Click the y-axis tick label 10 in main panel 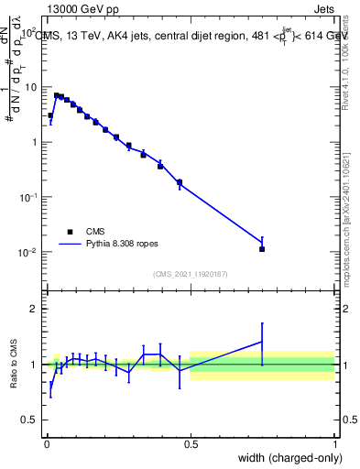tap(31, 87)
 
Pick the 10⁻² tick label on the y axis tap(29, 252)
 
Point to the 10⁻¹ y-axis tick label tap(29, 197)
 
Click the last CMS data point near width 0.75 tap(262, 248)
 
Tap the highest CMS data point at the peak tap(56, 95)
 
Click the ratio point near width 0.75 tap(262, 342)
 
